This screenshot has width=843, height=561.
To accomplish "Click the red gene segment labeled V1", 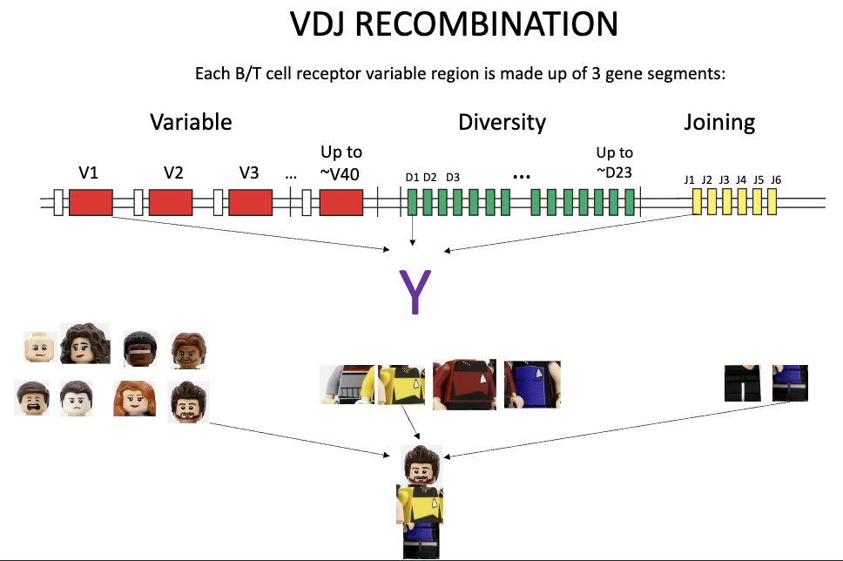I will click(91, 204).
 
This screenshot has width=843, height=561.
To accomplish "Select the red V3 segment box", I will click(251, 204).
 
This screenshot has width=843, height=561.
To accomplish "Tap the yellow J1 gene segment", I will click(697, 203).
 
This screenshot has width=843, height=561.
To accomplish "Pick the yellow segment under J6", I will click(771, 203).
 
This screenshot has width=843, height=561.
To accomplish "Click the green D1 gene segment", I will click(412, 203).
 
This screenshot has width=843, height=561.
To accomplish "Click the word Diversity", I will click(502, 122).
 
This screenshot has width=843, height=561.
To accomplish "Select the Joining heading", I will click(719, 122).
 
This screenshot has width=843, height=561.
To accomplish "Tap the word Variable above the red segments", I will click(191, 122).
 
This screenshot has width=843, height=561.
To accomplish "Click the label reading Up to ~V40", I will click(341, 163).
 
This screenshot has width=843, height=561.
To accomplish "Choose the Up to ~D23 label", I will click(614, 162).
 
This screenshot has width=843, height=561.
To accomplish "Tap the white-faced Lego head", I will click(77, 400).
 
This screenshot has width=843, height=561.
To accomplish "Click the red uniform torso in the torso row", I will click(464, 384).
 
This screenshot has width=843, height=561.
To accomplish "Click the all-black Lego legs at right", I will click(742, 383).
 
